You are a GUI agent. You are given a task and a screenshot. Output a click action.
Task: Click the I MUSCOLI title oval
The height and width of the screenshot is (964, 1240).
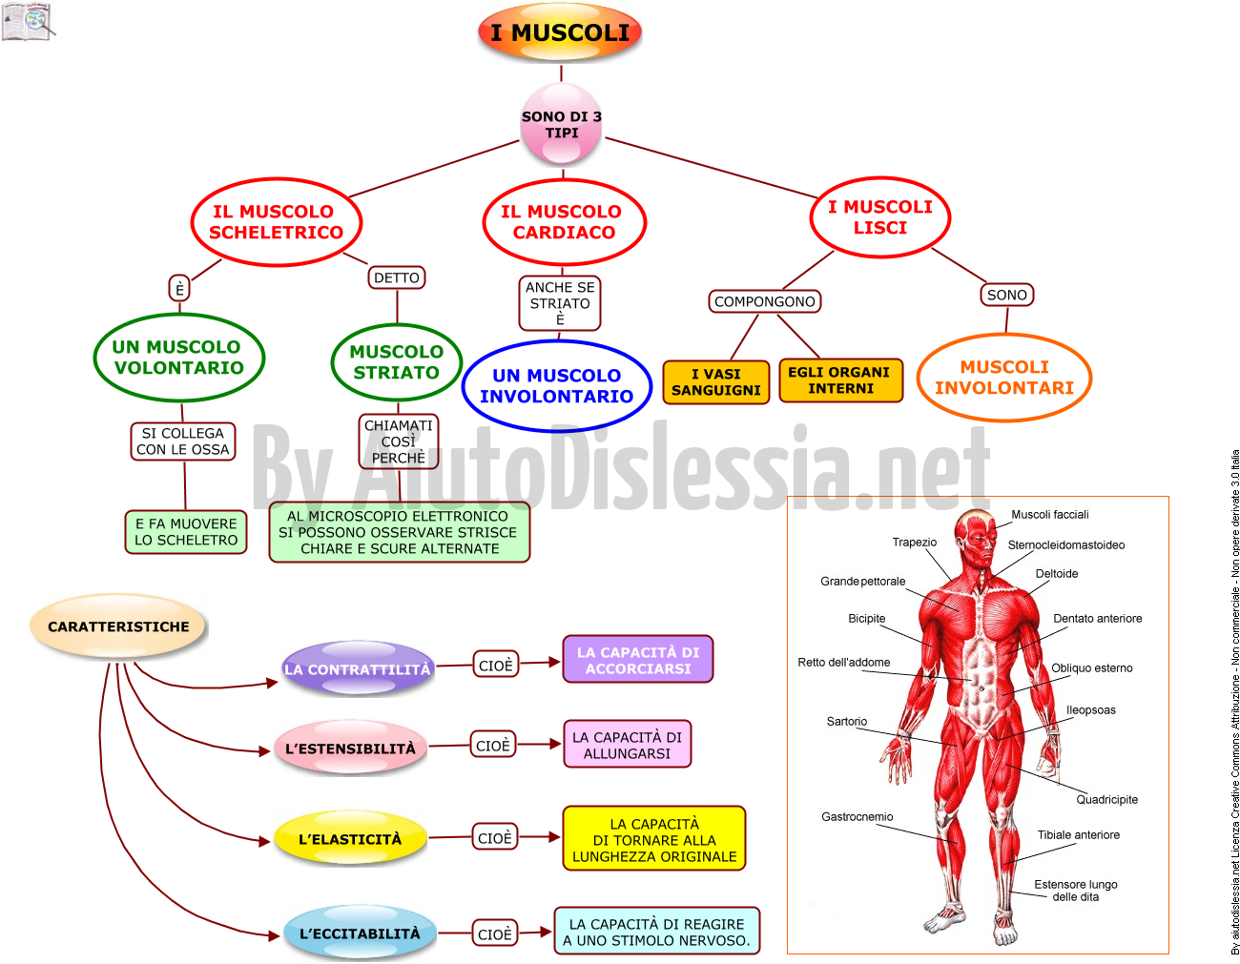click(560, 32)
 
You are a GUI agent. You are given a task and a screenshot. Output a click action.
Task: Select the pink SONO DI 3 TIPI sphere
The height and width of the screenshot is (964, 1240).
click(562, 124)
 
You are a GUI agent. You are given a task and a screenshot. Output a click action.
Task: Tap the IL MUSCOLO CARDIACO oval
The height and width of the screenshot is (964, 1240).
click(564, 222)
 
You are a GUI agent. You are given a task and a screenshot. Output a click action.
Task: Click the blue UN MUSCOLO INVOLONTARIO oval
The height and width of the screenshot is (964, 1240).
click(557, 385)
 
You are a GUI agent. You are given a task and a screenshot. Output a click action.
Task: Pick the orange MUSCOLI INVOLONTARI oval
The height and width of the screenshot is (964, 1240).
click(1004, 377)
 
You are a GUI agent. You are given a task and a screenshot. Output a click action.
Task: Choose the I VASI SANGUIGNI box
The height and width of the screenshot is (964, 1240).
click(716, 382)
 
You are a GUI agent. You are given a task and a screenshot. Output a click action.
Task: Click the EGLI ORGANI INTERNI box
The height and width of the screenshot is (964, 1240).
click(840, 380)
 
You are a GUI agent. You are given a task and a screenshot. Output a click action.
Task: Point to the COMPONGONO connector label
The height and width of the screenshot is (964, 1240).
click(765, 301)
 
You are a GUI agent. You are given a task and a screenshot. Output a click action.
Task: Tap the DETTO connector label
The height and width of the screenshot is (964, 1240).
click(397, 277)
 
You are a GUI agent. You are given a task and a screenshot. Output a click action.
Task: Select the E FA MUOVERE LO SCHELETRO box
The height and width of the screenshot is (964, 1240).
click(186, 532)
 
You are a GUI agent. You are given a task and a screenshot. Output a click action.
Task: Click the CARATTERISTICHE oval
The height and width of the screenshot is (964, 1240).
click(118, 626)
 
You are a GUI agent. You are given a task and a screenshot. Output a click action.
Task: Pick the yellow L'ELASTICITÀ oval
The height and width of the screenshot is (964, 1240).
click(350, 838)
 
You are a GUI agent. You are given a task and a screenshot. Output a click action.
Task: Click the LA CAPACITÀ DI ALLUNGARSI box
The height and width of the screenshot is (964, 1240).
click(627, 745)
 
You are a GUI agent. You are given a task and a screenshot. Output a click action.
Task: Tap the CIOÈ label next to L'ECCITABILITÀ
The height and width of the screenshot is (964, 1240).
click(495, 933)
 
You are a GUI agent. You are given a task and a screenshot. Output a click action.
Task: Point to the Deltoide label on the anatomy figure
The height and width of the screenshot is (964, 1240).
click(1056, 574)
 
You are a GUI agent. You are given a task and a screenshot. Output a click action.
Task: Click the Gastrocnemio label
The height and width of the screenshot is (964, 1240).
click(858, 817)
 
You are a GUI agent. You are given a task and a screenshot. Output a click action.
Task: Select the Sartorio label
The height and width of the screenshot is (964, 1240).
click(847, 722)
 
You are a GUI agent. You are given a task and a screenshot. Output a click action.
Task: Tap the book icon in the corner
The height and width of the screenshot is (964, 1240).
click(28, 22)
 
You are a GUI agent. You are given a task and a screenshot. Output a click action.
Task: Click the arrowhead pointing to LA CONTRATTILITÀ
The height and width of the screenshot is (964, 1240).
click(272, 683)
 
